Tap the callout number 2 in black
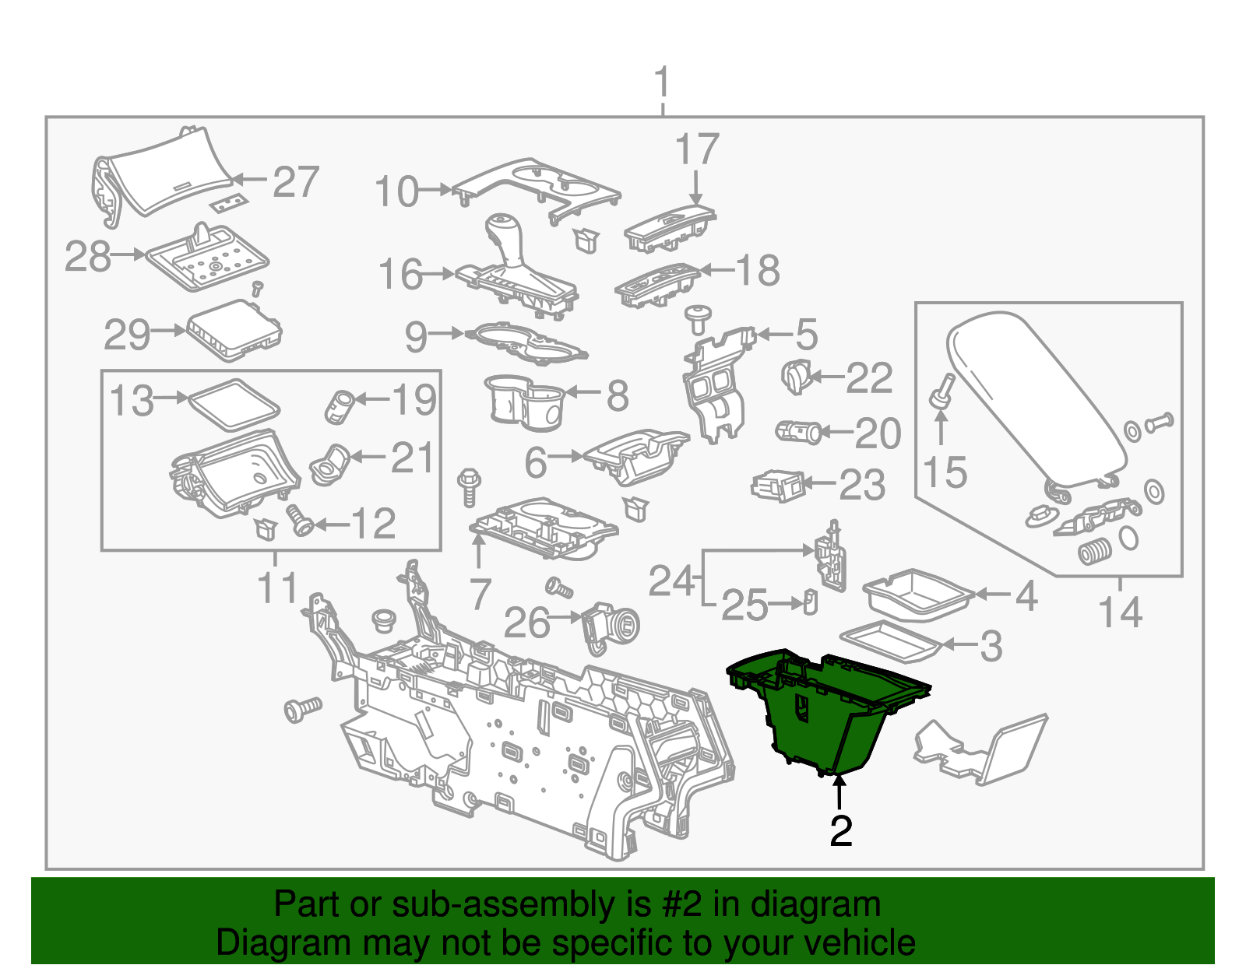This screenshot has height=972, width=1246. pyautogui.click(x=840, y=831)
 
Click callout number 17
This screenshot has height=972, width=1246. pyautogui.click(x=696, y=149)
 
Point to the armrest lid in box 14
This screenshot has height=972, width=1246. pyautogui.click(x=1036, y=397)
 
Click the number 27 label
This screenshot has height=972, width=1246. pyautogui.click(x=296, y=182)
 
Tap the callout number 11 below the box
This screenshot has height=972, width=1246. pyautogui.click(x=277, y=589)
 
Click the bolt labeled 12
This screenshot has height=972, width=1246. pyautogui.click(x=300, y=520)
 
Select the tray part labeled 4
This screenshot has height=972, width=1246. pyautogui.click(x=919, y=595)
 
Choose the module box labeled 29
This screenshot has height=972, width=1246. pyautogui.click(x=234, y=331)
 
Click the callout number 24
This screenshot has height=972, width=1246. pyautogui.click(x=671, y=581)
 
